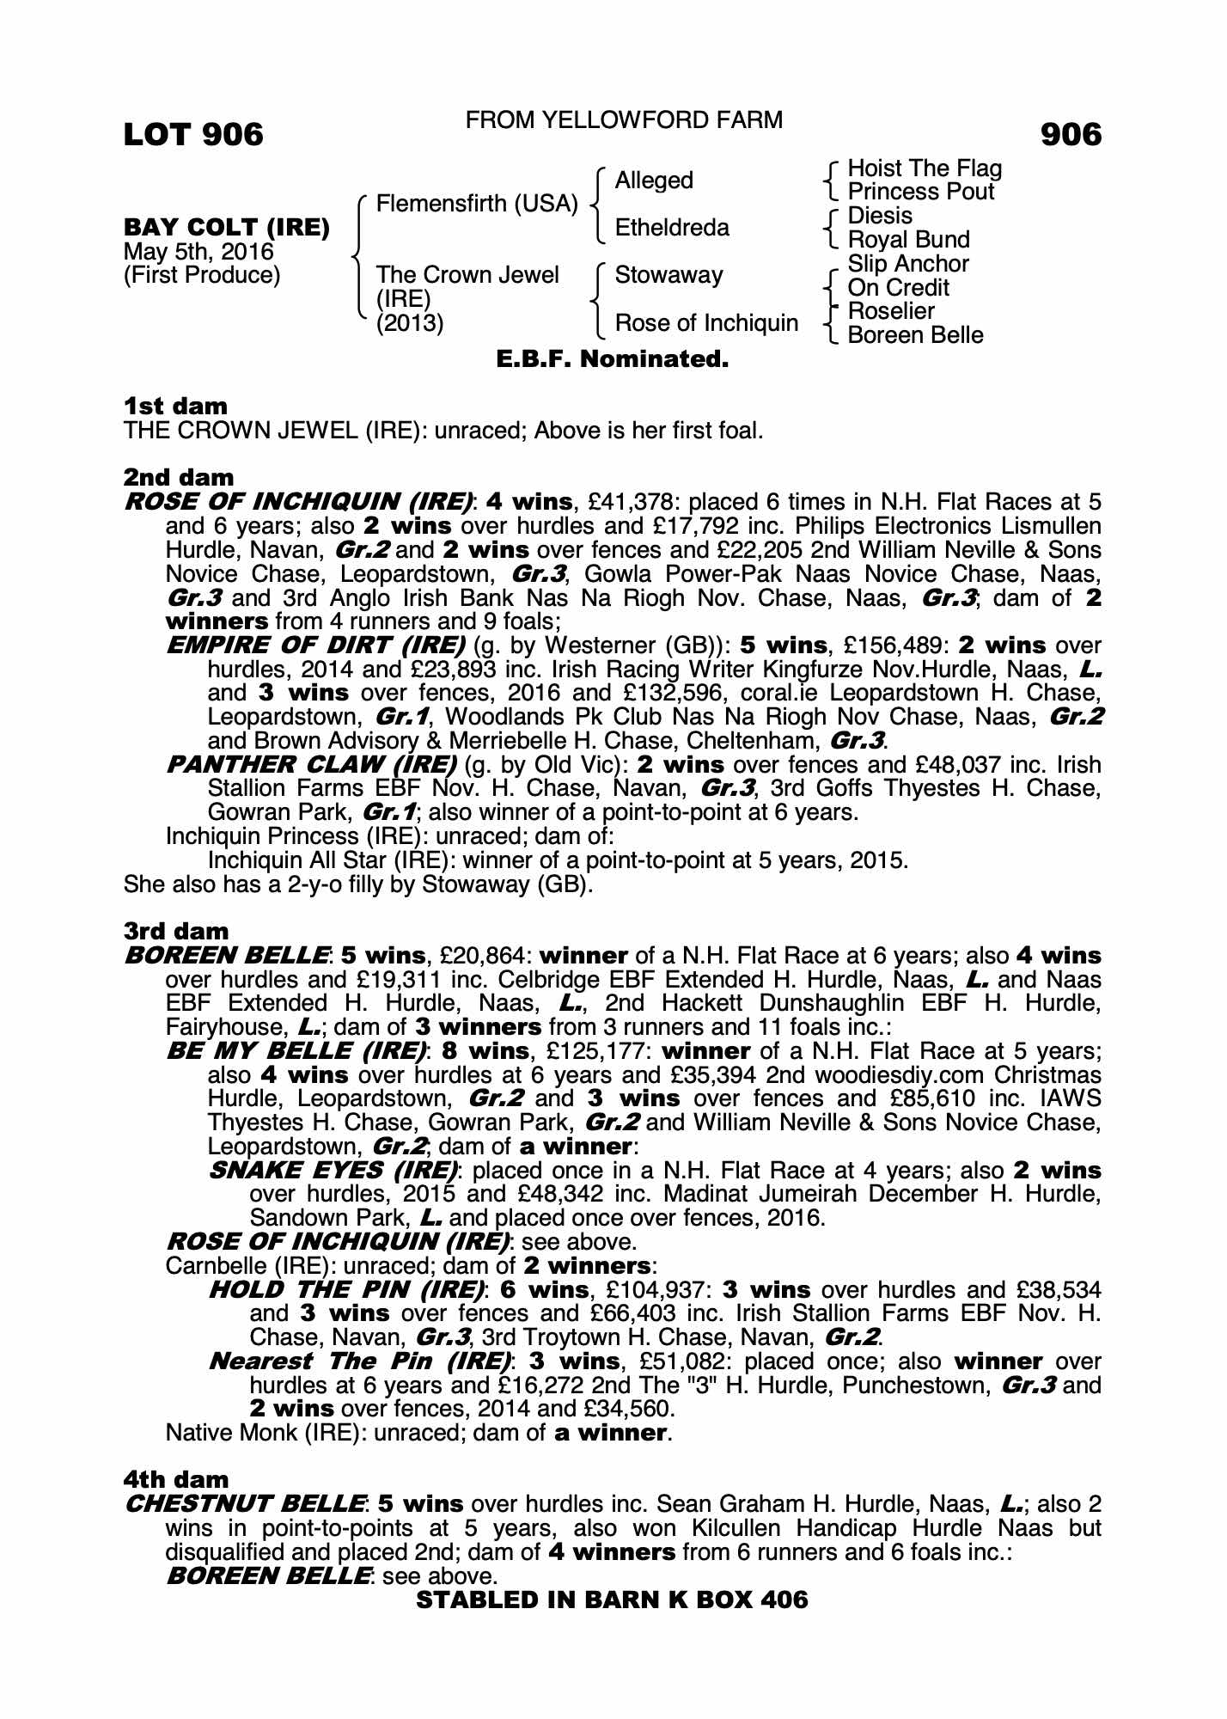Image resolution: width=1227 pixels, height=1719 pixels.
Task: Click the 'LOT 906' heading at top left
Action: coord(193,134)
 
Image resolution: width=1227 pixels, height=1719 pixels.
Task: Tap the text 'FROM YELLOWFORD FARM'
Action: coord(624,120)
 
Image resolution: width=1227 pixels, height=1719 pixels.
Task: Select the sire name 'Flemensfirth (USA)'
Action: coord(477,205)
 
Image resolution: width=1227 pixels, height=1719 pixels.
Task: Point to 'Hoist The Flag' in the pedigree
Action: coord(925,168)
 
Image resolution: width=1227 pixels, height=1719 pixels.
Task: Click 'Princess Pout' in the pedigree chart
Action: coord(920,192)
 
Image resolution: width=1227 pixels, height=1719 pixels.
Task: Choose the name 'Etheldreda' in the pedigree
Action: coord(672,228)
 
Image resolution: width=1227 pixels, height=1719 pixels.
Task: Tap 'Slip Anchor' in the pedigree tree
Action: coord(908,264)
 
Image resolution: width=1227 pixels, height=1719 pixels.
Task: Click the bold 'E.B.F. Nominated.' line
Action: coord(613,359)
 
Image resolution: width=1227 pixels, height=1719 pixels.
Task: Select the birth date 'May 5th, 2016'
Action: coord(198,252)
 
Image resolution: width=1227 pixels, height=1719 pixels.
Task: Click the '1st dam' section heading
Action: coord(175,406)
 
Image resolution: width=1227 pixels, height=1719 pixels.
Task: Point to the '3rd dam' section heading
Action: coord(176,931)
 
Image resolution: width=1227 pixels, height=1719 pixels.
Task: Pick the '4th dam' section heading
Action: coord(176,1479)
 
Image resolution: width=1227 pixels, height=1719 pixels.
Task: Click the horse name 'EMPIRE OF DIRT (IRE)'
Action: coord(315,645)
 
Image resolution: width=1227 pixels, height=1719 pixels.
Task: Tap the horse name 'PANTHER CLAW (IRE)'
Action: coord(311,764)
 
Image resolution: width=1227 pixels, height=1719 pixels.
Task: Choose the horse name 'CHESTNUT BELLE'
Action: coord(243,1504)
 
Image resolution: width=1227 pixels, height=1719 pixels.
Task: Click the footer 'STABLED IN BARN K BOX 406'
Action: coord(612,1600)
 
